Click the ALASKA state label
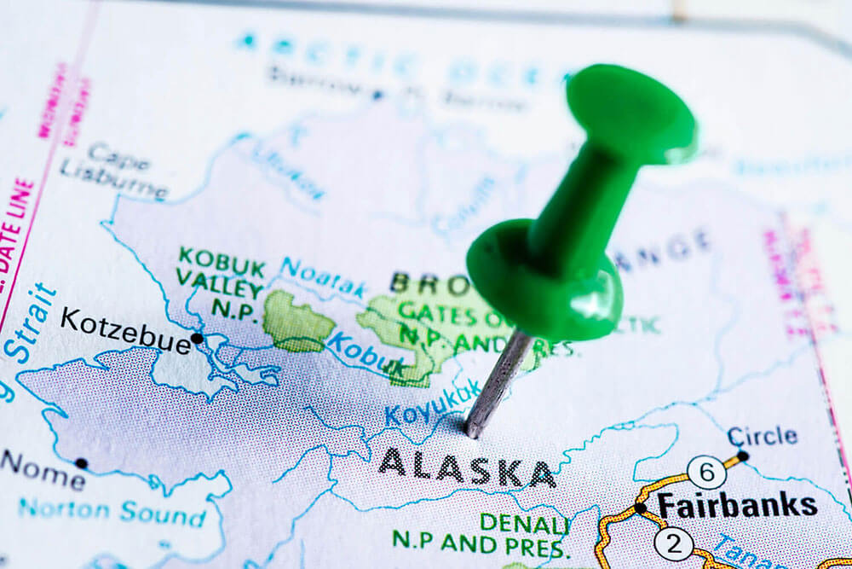467,467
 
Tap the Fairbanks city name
737,505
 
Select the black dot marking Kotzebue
198,338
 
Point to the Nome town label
42,470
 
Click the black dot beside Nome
81,463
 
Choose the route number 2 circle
673,543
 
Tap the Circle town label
763,435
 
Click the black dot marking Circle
742,456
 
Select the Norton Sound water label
112,514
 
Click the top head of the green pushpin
630,111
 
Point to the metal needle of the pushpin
498,384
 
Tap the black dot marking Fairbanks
640,508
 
